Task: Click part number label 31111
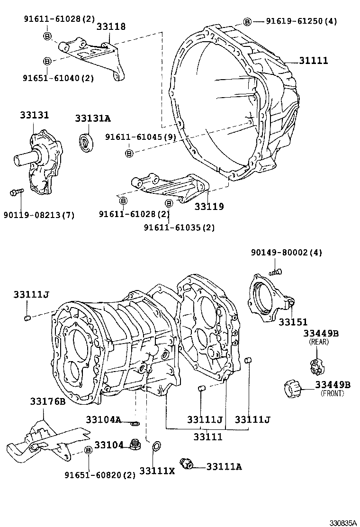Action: (313, 61)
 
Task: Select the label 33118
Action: (111, 27)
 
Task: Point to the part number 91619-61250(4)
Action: (301, 21)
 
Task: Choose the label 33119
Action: (209, 207)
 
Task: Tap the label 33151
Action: (293, 322)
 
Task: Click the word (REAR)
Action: (318, 342)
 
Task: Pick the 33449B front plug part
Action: (290, 389)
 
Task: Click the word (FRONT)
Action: (332, 393)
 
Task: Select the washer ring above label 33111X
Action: (155, 446)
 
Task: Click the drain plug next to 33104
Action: (136, 445)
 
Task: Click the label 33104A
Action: (103, 419)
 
